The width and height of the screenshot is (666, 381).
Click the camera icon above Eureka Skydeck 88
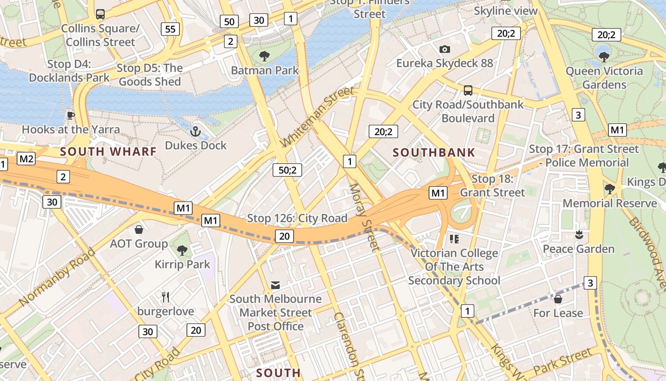[x=445, y=49]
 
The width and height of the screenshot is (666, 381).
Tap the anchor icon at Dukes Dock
[x=195, y=131]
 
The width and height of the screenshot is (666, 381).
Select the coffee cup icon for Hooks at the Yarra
[x=71, y=115]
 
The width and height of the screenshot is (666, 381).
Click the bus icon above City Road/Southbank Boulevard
[x=468, y=90]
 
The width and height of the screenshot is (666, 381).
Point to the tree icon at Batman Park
[x=264, y=56]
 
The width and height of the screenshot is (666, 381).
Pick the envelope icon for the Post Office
[x=275, y=285]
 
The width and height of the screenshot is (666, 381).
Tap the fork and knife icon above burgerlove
[x=166, y=297]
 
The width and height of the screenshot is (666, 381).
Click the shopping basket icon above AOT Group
[x=139, y=230]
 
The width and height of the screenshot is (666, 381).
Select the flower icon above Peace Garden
[x=579, y=235]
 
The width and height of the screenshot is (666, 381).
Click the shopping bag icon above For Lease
[x=558, y=299]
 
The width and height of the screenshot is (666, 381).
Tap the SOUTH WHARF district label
[x=108, y=152]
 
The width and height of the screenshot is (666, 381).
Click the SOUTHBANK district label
[x=434, y=153]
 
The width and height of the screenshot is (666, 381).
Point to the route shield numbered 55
[x=170, y=29]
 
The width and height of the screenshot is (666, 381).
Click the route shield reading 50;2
[x=287, y=170]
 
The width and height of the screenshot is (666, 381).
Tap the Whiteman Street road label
[x=317, y=117]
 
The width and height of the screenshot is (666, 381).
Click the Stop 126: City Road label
[x=297, y=219]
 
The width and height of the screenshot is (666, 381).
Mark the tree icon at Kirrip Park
[x=182, y=250]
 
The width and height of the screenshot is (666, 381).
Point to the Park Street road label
[x=562, y=361]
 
